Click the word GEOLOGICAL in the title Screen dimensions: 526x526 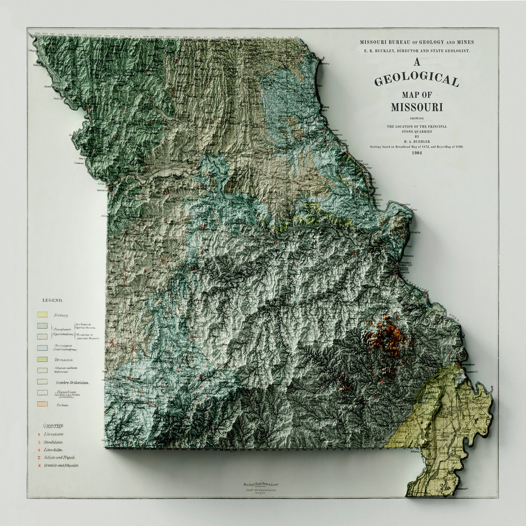click(x=417, y=80)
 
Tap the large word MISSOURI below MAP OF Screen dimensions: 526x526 click(x=417, y=108)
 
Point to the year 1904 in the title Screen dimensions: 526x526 click(x=417, y=153)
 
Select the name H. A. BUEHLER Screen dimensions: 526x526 click(x=417, y=142)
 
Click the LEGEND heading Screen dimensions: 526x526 click(x=52, y=300)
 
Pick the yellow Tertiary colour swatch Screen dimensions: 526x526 click(x=42, y=315)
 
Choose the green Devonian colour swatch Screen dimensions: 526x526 click(x=42, y=359)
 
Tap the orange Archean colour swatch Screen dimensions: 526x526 click(x=42, y=404)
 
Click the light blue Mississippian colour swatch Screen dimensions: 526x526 click(x=42, y=347)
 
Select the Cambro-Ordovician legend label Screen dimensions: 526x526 click(x=72, y=383)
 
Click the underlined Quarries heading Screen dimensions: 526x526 click(x=54, y=425)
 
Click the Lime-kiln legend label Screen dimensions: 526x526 click(x=54, y=449)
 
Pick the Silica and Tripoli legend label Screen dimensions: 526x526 click(x=60, y=457)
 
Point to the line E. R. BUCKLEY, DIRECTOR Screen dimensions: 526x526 click(x=417, y=51)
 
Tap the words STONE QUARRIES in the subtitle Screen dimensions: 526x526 click(x=417, y=131)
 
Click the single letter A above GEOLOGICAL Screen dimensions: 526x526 click(x=417, y=62)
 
